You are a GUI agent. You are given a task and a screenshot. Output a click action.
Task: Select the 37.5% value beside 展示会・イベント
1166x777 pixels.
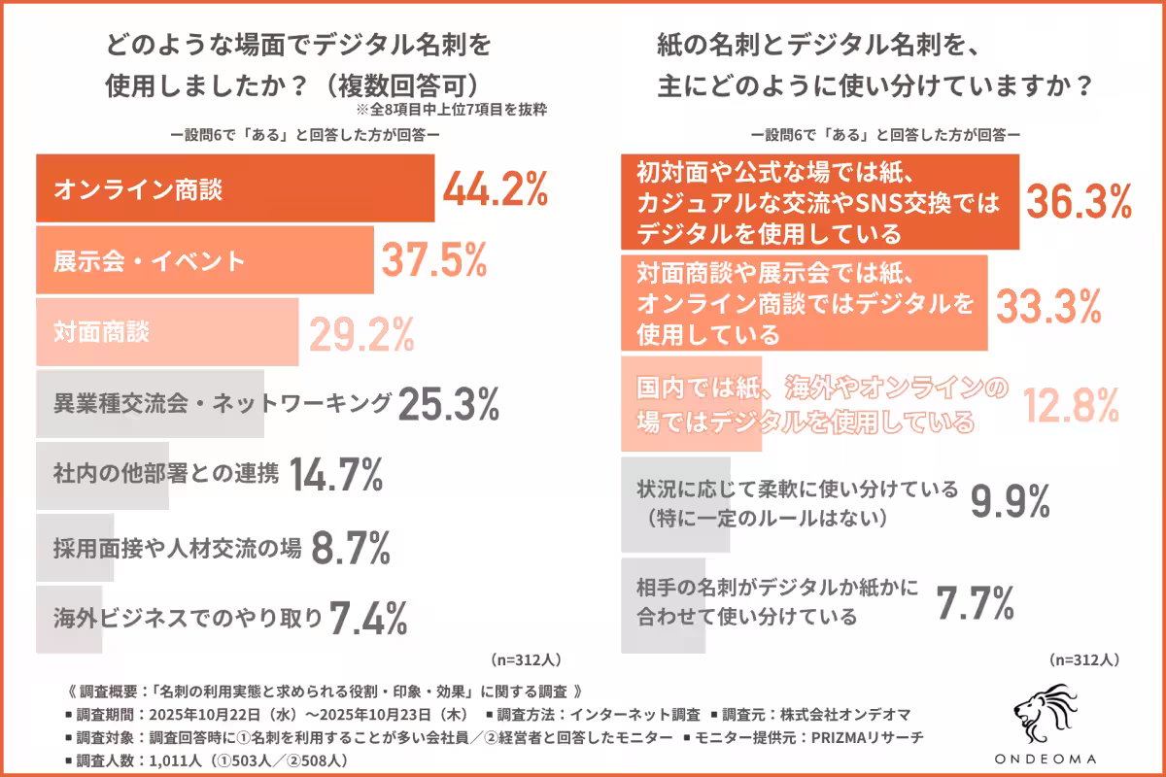[x=432, y=260]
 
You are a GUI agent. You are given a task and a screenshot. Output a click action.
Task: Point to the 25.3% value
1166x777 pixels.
[x=448, y=404]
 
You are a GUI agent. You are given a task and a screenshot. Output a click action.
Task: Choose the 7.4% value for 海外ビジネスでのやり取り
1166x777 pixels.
[x=367, y=617]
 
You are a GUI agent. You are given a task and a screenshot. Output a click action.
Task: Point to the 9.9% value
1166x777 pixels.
[x=1010, y=502]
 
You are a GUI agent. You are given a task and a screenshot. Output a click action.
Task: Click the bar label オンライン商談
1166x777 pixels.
[x=138, y=189]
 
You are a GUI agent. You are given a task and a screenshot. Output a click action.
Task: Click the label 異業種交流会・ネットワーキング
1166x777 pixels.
[x=223, y=404]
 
